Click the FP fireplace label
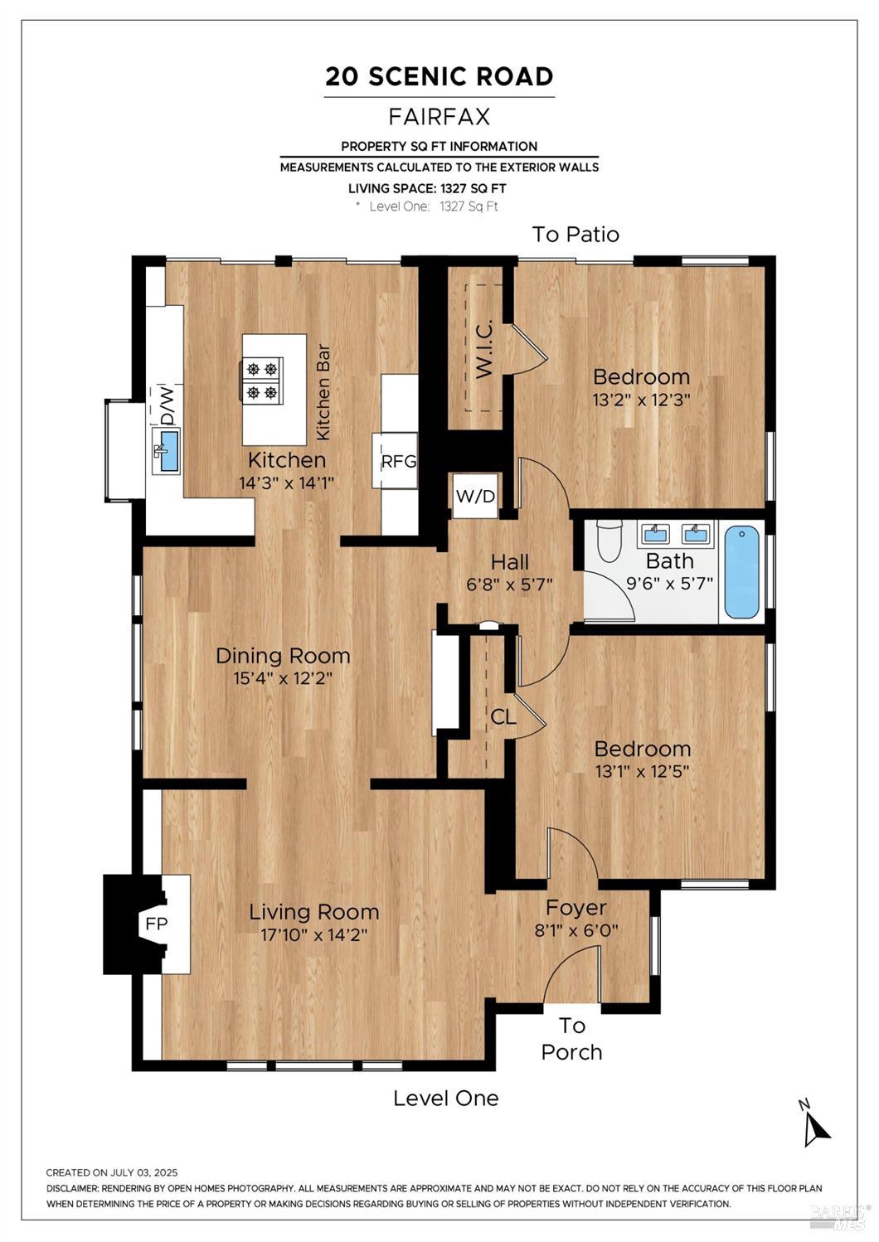coord(157,924)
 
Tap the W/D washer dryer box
coord(475,496)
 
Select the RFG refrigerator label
coord(398,461)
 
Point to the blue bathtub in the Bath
coord(741,571)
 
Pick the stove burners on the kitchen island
coord(260,381)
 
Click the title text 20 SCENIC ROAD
coord(439,76)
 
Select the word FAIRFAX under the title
coord(439,116)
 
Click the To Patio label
coord(575,234)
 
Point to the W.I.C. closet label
coord(484,351)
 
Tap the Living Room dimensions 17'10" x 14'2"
coord(314,935)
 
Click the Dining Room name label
coord(283,655)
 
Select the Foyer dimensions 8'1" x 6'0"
coord(576,929)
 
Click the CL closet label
coord(503,717)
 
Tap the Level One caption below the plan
coord(446,1098)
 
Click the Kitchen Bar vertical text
coord(323,392)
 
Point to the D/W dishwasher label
coord(168,405)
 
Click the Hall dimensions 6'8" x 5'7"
coord(510,585)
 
